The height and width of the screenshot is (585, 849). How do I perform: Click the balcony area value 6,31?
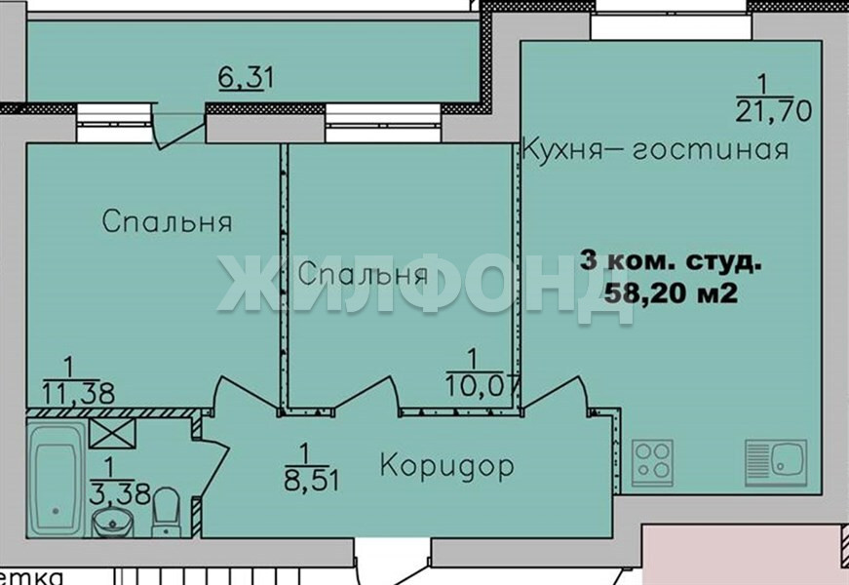click(246, 77)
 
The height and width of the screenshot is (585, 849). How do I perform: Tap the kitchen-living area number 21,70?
click(774, 110)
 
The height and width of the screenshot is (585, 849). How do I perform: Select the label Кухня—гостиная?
click(655, 149)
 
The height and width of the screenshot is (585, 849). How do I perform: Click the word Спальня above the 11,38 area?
click(167, 221)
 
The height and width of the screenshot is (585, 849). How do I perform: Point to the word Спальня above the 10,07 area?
click(363, 274)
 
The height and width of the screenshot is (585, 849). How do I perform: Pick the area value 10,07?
click(482, 386)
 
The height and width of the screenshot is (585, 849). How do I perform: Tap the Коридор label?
click(446, 465)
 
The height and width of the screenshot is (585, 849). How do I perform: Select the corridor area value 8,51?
click(311, 480)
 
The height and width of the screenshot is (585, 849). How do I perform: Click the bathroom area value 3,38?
click(120, 493)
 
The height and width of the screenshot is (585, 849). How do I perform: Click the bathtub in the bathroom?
click(56, 480)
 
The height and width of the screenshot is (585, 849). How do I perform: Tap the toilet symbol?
click(166, 511)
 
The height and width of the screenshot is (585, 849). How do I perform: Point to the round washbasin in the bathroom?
click(113, 523)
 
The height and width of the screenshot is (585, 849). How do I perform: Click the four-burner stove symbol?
click(652, 462)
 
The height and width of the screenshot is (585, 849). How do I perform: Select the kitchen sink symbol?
click(775, 462)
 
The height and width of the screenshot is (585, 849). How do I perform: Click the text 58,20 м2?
click(671, 293)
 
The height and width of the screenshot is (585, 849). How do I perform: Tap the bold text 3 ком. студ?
click(671, 261)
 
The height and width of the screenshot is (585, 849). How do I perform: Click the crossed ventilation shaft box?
click(112, 433)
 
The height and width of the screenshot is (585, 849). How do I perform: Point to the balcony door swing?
click(178, 128)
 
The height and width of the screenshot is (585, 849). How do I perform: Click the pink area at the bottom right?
click(743, 554)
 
